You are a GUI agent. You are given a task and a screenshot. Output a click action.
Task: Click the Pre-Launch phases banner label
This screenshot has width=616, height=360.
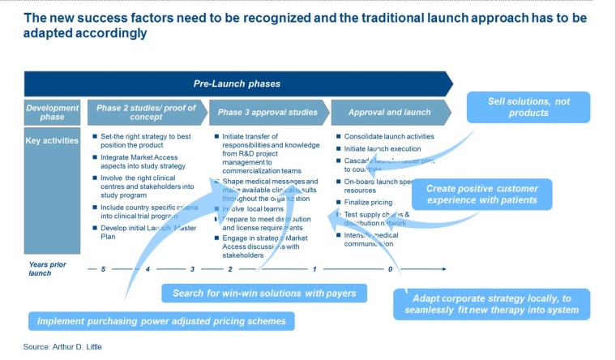click(x=237, y=84)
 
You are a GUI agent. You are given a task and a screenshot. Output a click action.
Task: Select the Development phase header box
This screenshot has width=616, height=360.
click(x=52, y=112)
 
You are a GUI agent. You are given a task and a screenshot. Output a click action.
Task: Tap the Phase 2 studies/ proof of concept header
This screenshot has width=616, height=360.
click(x=146, y=112)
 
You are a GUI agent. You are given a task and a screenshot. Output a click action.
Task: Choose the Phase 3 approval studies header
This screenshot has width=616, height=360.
click(x=267, y=112)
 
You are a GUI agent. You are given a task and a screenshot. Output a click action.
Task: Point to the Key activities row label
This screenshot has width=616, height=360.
click(x=52, y=140)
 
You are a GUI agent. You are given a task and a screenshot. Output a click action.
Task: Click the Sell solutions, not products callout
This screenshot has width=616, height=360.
click(x=528, y=107)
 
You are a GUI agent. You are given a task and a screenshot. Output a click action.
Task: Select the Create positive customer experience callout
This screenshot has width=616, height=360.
click(x=481, y=195)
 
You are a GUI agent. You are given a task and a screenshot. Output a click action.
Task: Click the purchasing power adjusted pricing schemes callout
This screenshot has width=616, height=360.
click(x=161, y=321)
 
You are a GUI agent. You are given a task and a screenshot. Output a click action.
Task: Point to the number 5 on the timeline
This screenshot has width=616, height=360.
click(x=104, y=268)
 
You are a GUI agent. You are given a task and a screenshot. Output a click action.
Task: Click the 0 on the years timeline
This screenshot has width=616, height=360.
click(x=390, y=268)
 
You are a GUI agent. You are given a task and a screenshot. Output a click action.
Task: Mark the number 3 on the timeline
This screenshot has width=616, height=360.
click(x=192, y=268)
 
